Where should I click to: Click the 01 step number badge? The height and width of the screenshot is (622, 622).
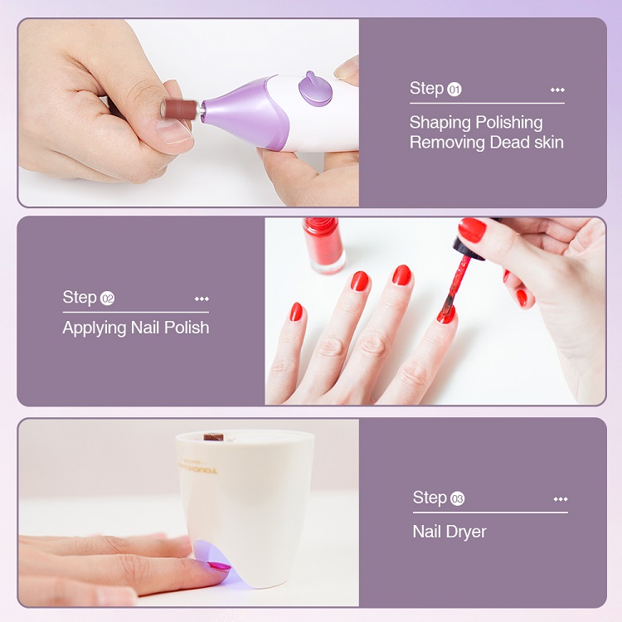(454, 90)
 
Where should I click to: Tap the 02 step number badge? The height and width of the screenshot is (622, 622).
(107, 299)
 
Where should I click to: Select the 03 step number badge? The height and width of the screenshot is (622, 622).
(457, 498)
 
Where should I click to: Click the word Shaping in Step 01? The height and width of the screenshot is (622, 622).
(440, 123)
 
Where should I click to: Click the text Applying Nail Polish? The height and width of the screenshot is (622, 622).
(135, 328)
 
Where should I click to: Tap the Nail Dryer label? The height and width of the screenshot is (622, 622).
(449, 532)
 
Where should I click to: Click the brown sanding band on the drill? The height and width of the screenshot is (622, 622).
(177, 109)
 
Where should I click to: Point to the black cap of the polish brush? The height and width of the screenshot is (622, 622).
(459, 245)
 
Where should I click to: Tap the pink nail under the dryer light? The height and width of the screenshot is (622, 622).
(219, 566)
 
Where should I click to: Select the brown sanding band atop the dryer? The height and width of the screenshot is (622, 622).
(215, 436)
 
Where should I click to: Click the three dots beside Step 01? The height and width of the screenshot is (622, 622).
(557, 90)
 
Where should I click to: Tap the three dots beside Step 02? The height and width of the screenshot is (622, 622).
(202, 299)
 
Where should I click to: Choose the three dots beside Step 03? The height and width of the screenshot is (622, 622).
(561, 498)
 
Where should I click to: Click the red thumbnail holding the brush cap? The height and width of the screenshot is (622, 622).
(471, 231)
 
